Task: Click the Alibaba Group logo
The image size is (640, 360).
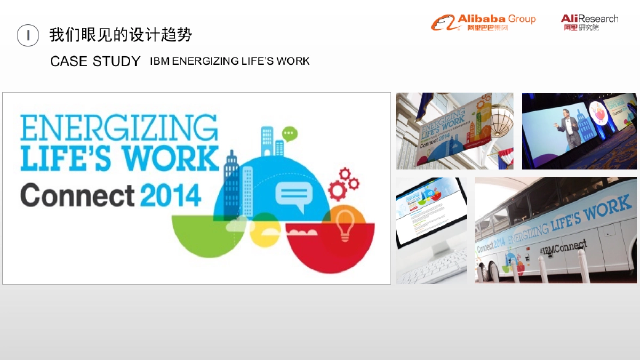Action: click(483, 22)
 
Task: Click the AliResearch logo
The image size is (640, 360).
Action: click(589, 22)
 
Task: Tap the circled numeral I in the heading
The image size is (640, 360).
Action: click(28, 36)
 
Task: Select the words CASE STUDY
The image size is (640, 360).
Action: click(95, 61)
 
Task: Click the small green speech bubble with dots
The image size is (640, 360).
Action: click(290, 133)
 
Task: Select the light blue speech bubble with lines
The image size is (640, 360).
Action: click(292, 196)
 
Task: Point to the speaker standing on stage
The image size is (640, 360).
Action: click(567, 127)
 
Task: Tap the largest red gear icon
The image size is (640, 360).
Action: click(338, 190)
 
